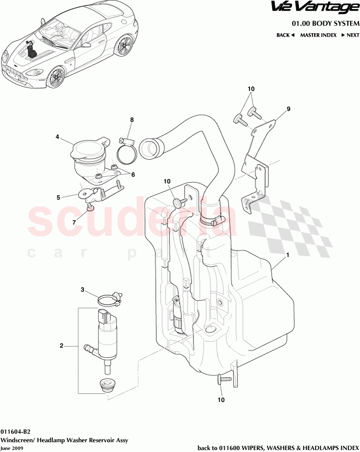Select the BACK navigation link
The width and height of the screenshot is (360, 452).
click(286, 35)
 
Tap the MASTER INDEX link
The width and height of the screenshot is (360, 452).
click(318, 35)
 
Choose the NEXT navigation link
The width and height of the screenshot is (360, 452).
click(350, 35)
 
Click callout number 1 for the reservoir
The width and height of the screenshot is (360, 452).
click(288, 255)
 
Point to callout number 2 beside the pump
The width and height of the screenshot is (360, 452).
click(62, 346)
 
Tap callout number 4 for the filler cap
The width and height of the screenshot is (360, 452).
click(57, 137)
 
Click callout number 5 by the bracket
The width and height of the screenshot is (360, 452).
click(58, 198)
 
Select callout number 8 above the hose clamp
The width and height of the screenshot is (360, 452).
click(131, 120)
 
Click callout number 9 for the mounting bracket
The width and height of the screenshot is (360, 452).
click(288, 109)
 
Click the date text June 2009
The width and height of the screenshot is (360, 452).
click(11, 448)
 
